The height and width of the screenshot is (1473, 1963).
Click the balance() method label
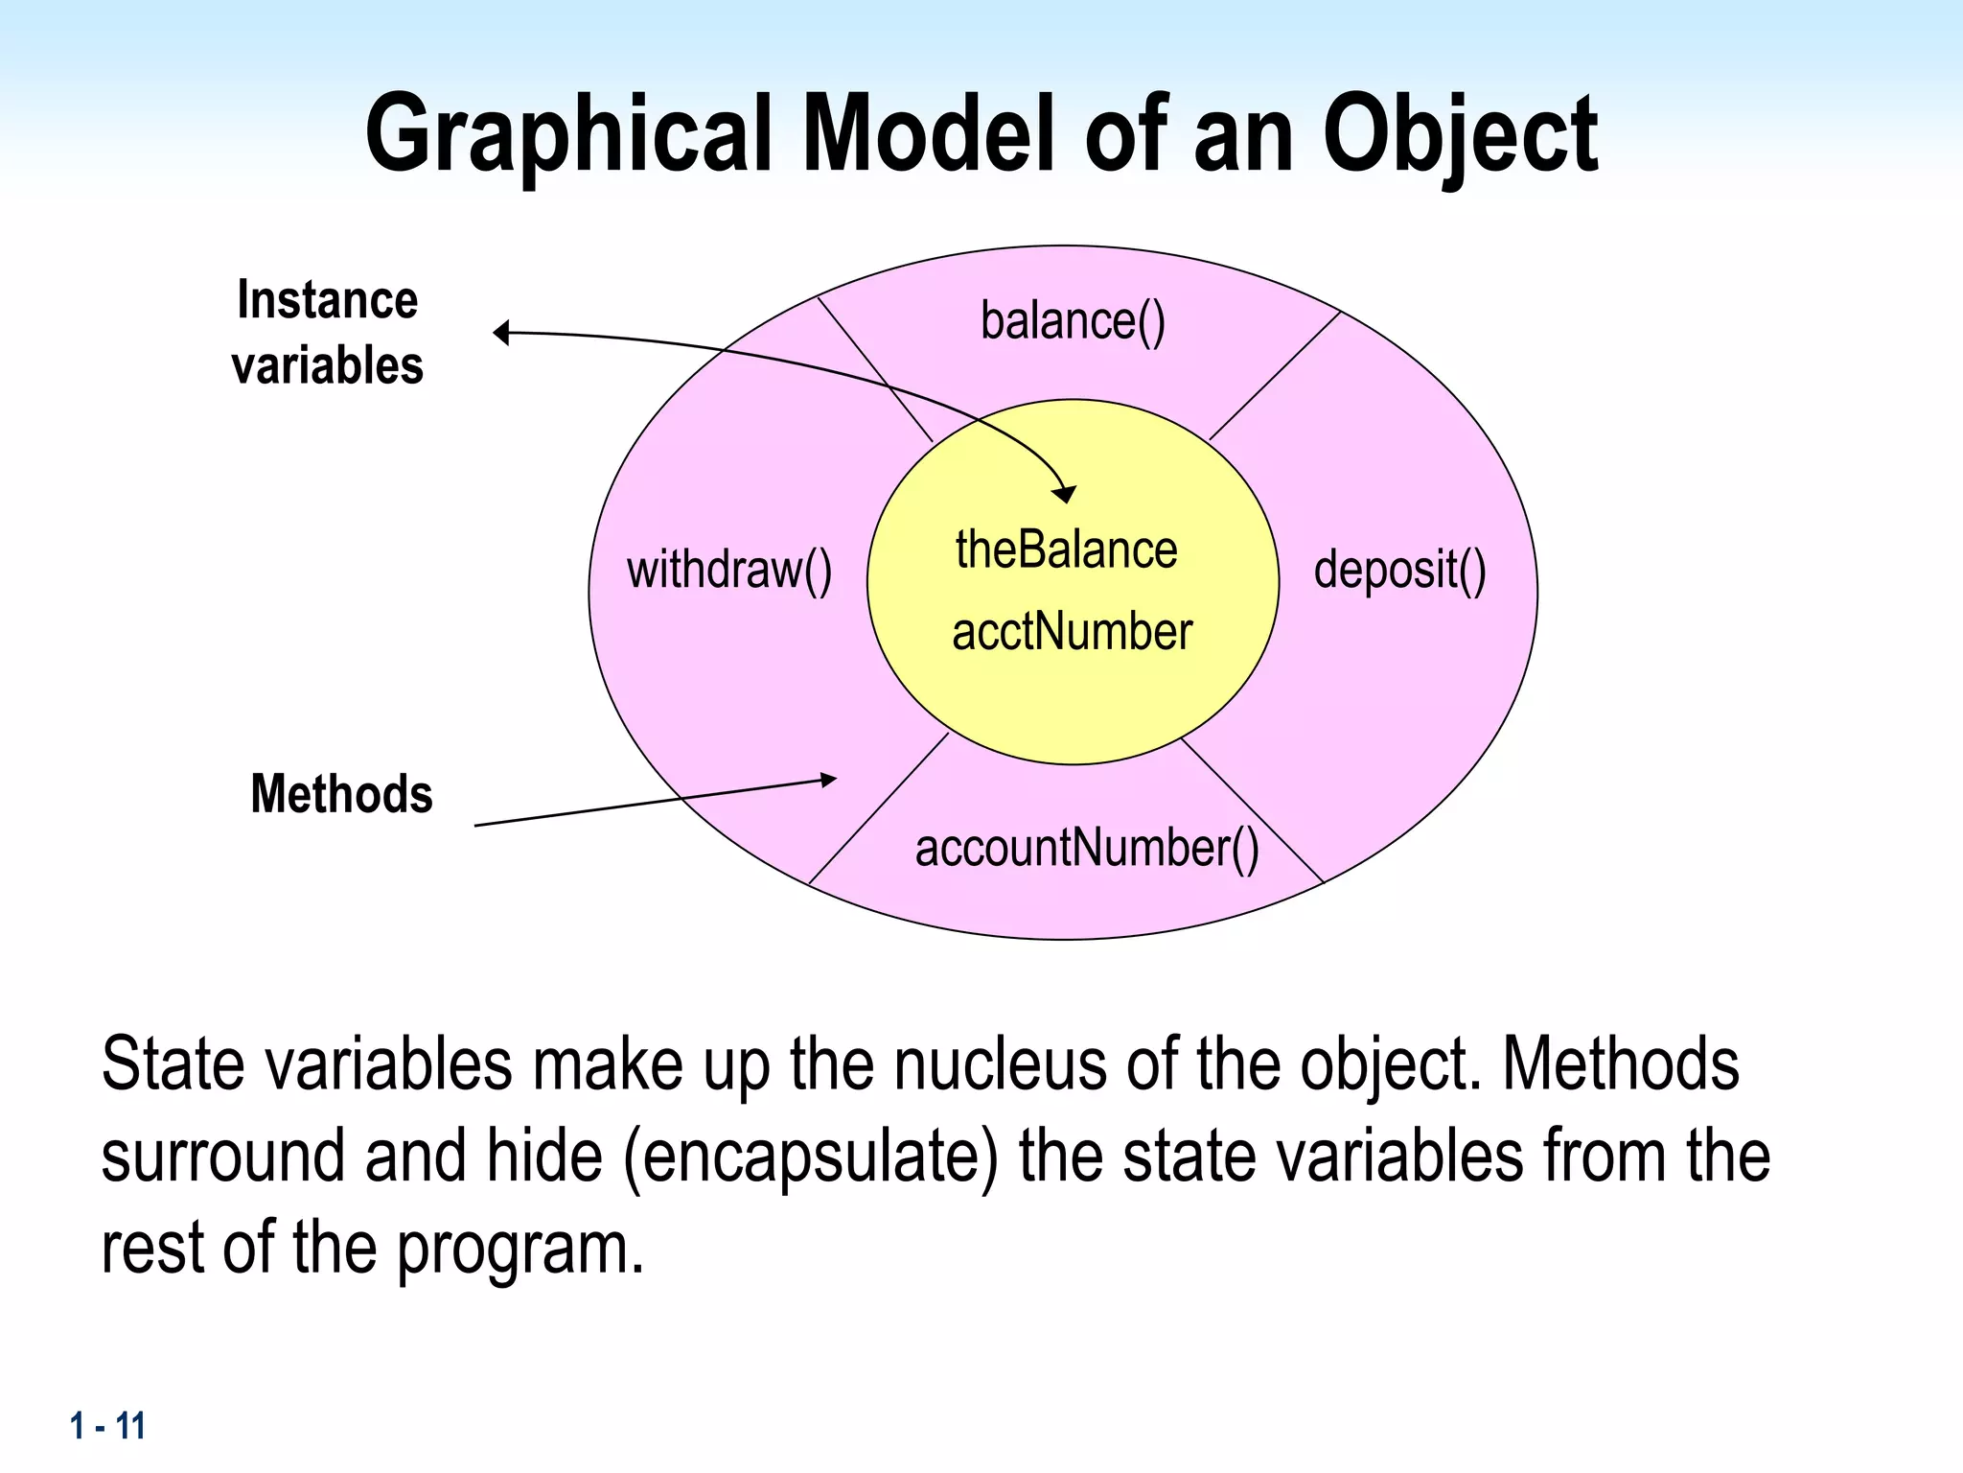(x=1073, y=321)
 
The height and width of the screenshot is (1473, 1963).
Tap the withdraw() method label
(x=729, y=571)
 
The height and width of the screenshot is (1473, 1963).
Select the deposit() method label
(x=1399, y=571)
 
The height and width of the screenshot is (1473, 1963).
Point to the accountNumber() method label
(x=1087, y=849)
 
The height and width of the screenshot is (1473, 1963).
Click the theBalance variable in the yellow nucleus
(x=1066, y=550)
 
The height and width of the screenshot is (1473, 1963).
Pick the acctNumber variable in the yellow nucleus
(x=1072, y=633)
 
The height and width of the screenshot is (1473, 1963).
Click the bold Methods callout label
(x=341, y=794)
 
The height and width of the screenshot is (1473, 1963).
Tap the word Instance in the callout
(x=328, y=300)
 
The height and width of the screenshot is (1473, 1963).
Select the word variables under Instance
(x=328, y=365)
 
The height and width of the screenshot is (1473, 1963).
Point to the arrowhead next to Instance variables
(x=500, y=333)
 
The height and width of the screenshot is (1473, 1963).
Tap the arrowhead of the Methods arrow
(x=829, y=780)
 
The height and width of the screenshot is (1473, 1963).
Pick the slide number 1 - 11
(x=107, y=1426)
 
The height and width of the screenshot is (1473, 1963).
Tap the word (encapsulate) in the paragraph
(x=810, y=1157)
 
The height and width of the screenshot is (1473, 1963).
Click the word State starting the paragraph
(x=173, y=1064)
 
